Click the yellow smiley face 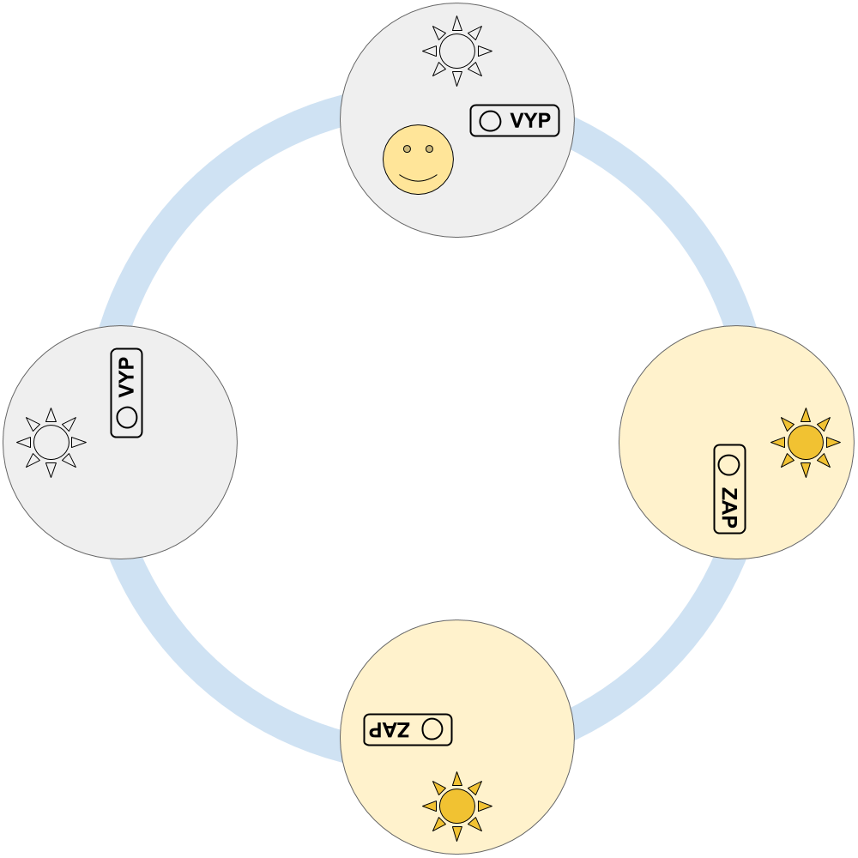418,159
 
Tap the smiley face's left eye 407,149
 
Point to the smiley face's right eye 429,149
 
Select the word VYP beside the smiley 530,121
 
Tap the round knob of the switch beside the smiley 490,121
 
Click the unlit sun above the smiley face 457,51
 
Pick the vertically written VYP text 127,378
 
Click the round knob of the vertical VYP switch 127,418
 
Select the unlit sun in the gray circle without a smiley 51,442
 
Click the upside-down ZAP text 390,729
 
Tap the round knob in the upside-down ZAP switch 432,729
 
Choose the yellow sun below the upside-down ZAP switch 457,807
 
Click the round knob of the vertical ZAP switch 729,465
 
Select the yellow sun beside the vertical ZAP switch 806,442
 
